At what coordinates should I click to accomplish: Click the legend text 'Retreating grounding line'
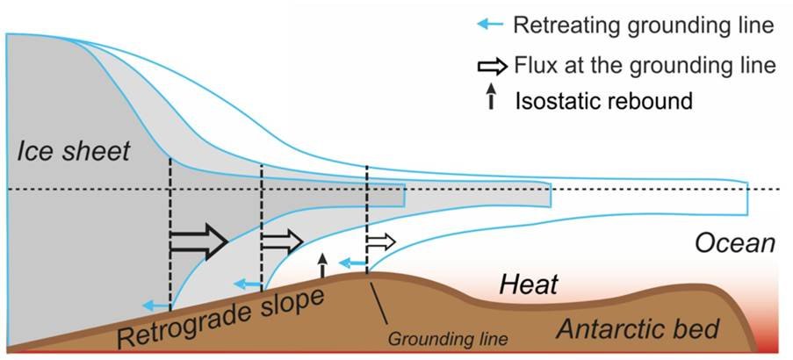tap(645, 25)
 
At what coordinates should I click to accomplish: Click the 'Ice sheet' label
tap(73, 152)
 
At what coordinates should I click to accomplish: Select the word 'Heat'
tap(529, 284)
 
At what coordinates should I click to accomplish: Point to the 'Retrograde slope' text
tap(219, 318)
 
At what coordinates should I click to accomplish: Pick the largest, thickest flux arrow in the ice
tap(198, 241)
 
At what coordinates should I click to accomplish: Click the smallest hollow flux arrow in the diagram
tap(381, 240)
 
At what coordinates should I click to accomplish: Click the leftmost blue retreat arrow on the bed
tap(157, 305)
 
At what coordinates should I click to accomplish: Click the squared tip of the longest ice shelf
tap(746, 200)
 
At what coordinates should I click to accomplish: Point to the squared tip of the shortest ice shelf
tap(404, 196)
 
